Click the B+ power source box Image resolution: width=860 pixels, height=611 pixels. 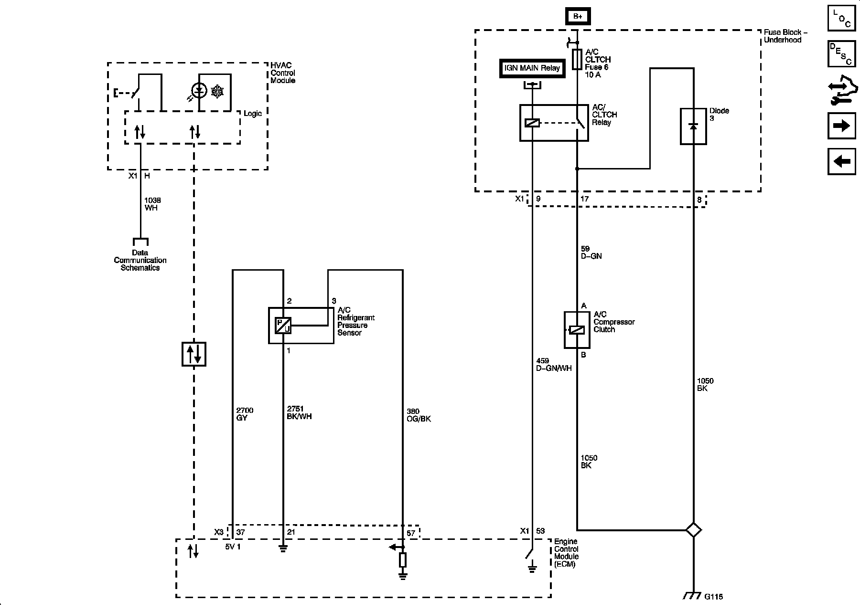coord(578,16)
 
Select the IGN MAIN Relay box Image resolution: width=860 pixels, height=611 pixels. coord(532,68)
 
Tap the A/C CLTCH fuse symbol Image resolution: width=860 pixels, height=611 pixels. coord(577,59)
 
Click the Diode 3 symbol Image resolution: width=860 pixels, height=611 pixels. coord(693,126)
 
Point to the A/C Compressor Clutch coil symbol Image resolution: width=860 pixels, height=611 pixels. coord(577,330)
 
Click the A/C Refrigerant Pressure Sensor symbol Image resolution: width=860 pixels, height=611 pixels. coord(283,326)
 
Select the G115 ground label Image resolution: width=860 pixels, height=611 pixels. coord(713,597)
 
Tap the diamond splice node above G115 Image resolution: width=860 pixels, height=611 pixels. coord(693,530)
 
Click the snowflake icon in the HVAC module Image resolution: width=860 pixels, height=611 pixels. coord(217,92)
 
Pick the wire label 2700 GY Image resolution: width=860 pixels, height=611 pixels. coord(245,414)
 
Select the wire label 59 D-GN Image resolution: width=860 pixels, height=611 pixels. coord(591,253)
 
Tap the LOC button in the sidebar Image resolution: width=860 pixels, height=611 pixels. coord(841,18)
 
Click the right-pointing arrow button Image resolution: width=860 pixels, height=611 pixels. coord(841,126)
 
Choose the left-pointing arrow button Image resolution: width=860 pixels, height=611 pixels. coord(841,161)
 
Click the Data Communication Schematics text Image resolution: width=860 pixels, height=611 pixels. coord(140,260)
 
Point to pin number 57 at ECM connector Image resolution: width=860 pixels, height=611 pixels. coord(411,533)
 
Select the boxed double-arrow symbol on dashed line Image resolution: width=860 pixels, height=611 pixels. coord(194,354)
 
